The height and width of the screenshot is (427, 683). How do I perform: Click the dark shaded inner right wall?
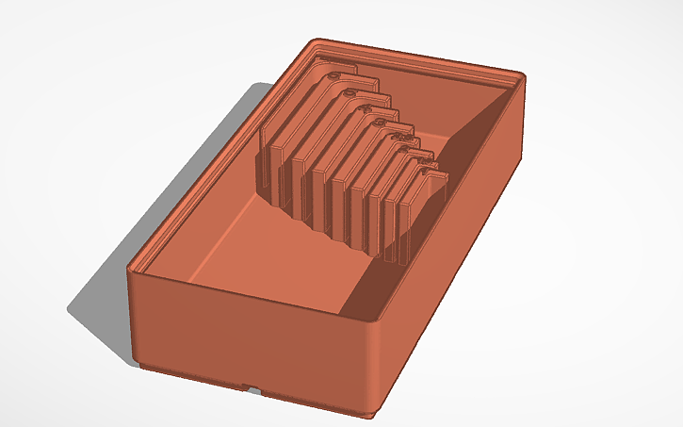[443, 217]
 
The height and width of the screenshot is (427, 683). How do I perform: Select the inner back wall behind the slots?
[424, 94]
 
